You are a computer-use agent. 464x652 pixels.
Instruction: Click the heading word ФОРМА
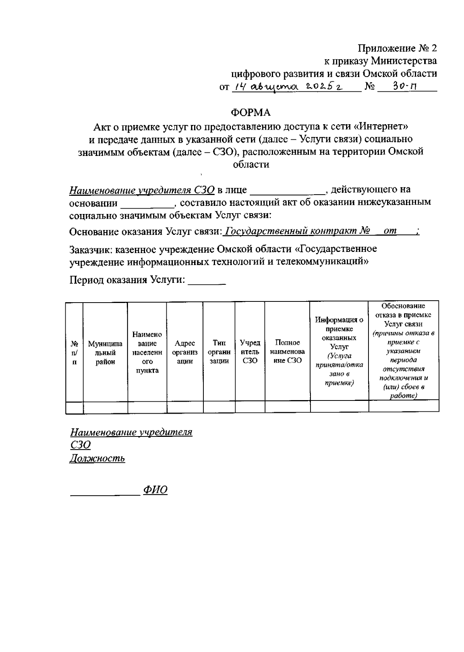coord(251,113)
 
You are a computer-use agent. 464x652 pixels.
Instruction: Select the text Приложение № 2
coord(397,48)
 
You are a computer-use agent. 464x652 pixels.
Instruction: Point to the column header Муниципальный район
coord(105,353)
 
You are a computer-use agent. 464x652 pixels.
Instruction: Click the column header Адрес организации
coord(185,352)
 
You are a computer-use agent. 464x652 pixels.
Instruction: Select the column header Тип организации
coord(219,352)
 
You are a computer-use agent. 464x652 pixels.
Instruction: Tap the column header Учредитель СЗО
coord(250,352)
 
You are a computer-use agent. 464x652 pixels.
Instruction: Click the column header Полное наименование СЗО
coord(287,352)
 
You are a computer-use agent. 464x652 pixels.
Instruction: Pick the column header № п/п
coord(75,353)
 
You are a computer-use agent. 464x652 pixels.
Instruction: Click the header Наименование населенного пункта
coord(147,352)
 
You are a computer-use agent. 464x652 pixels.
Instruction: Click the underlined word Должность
coord(97,459)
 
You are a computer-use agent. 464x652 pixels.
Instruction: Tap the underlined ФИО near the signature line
coord(155,490)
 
